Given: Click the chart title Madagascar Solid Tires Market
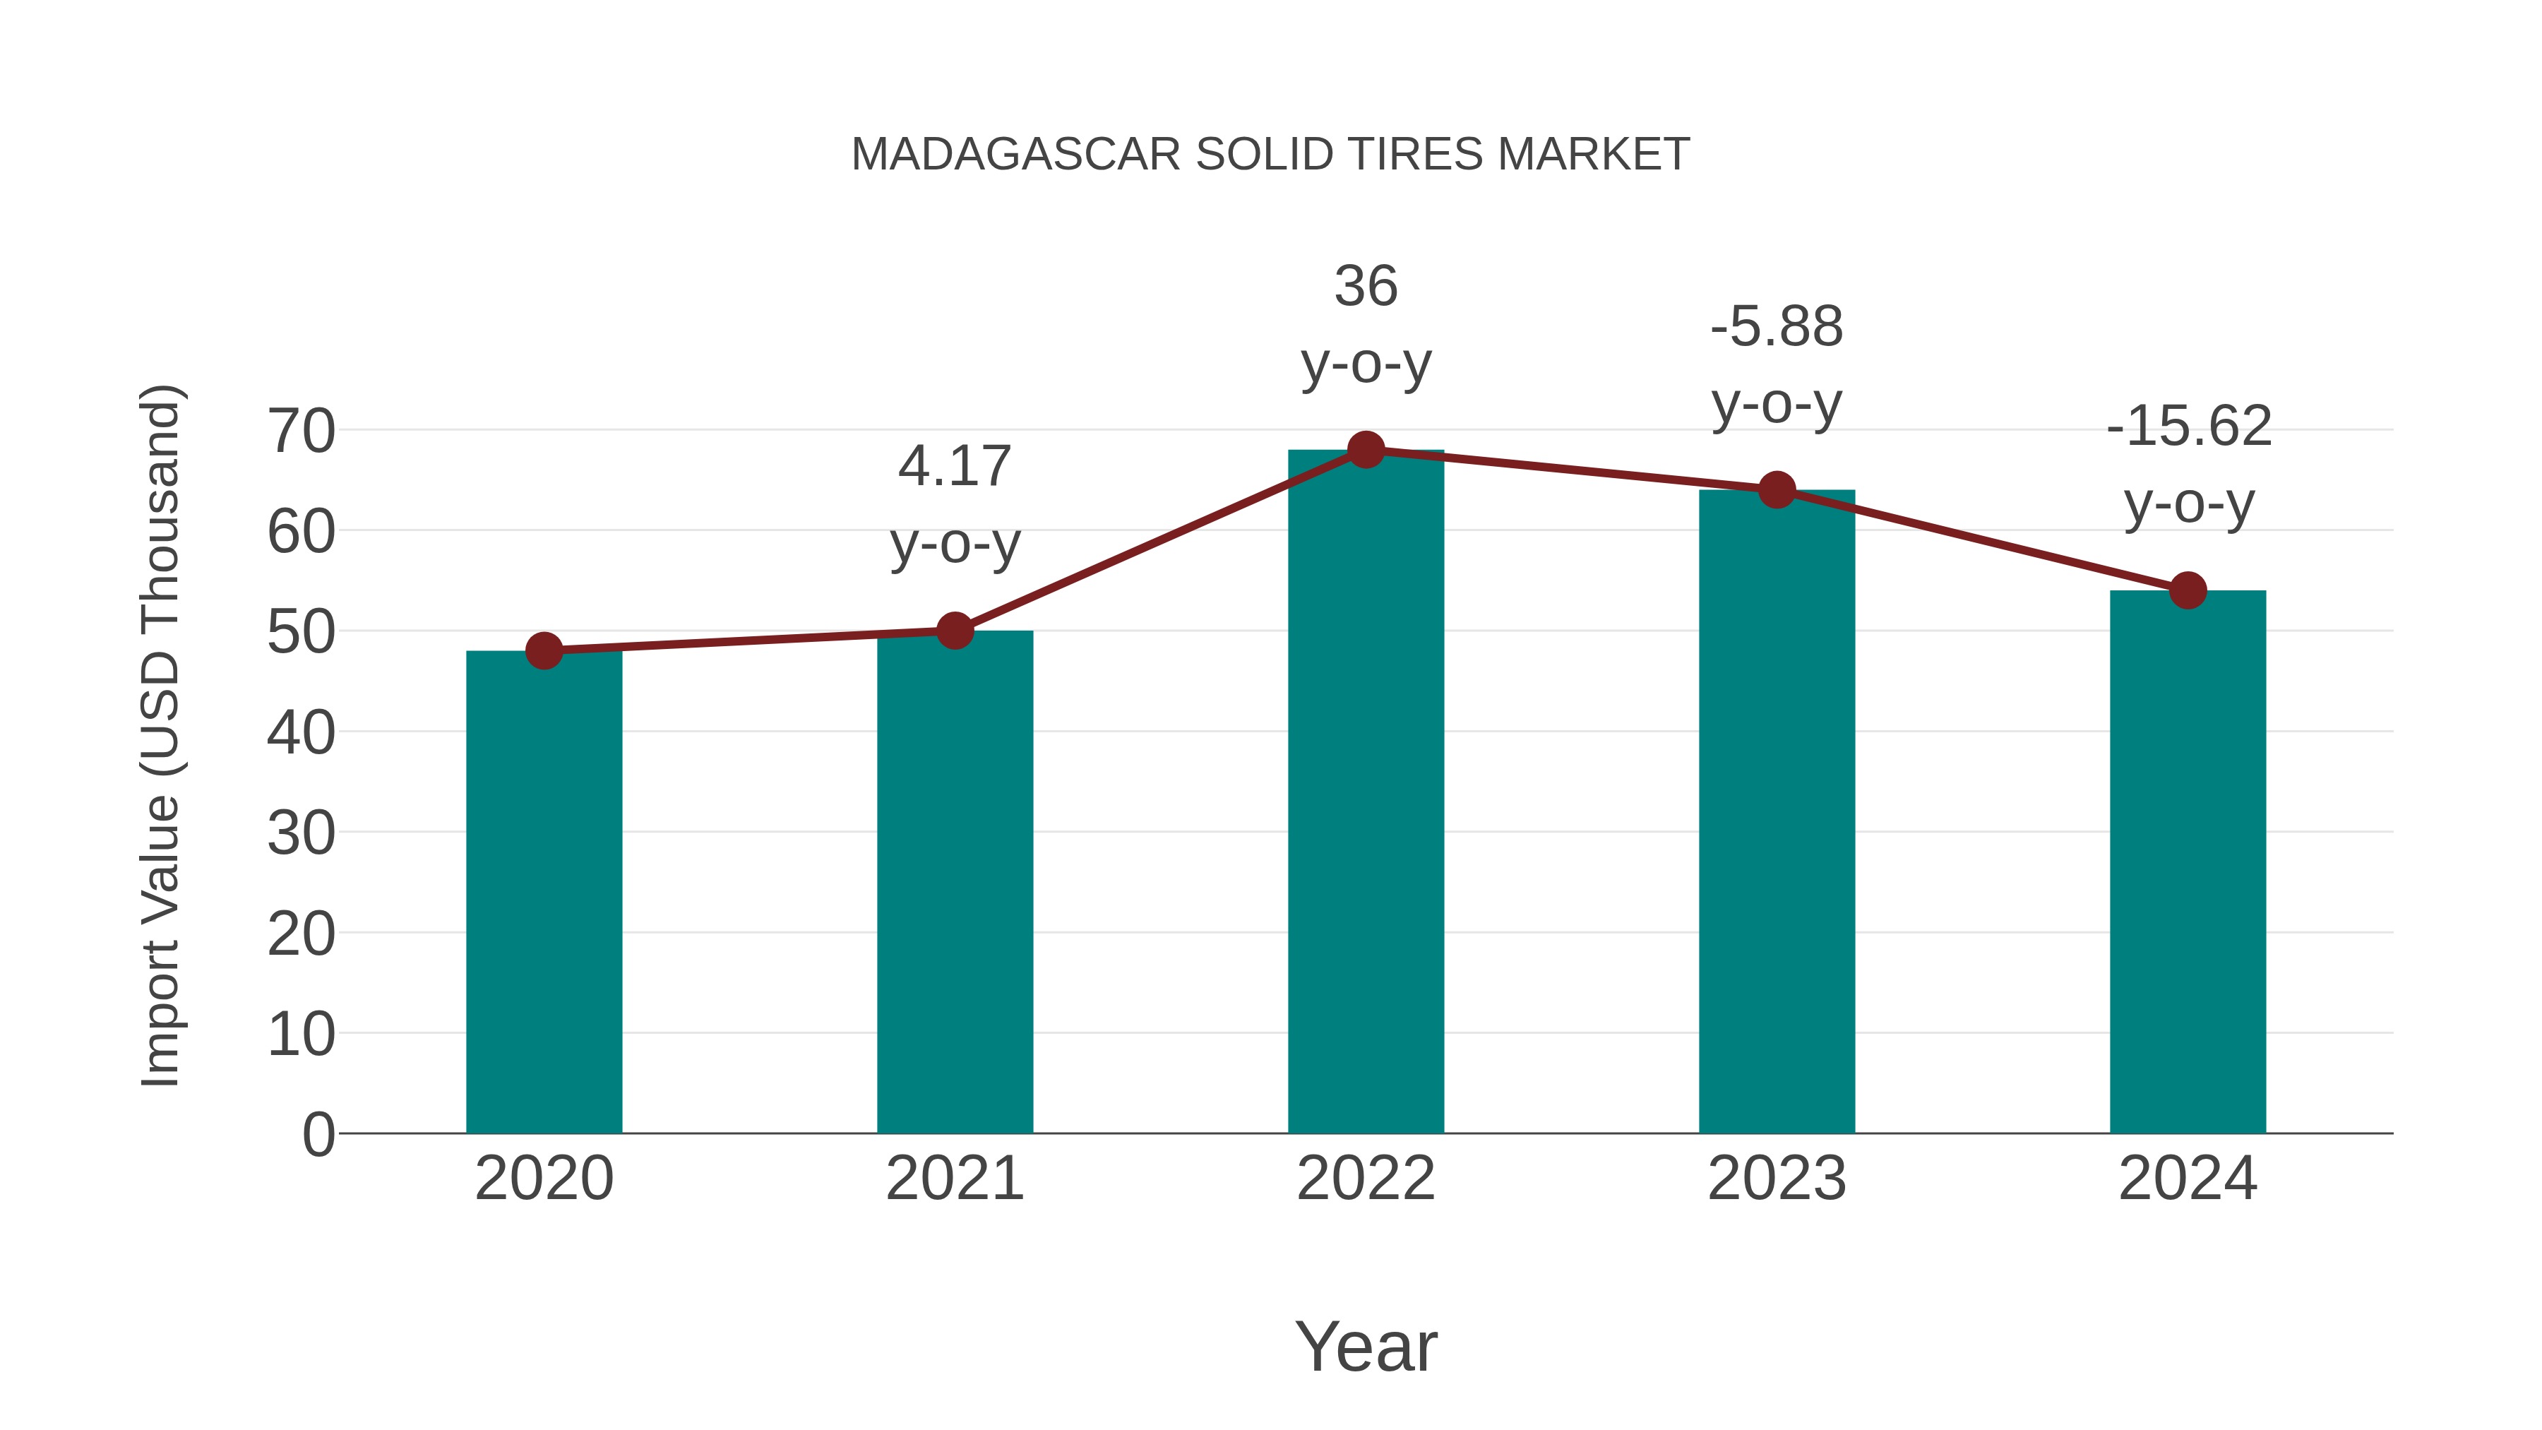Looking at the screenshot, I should (1270, 155).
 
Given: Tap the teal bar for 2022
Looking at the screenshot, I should (1366, 790).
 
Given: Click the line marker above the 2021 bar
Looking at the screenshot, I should (954, 630).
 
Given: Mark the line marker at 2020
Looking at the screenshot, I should (544, 650).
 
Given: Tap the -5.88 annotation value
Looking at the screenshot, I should (1777, 327).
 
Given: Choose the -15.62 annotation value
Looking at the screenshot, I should (2188, 427).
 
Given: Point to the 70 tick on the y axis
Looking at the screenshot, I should (301, 431).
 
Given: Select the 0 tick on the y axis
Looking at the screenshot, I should (318, 1134).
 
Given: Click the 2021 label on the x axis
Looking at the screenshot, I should (954, 1179).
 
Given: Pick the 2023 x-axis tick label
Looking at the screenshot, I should (1777, 1179).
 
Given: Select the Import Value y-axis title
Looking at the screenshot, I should (160, 735).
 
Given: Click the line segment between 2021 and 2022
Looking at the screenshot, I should (1160, 540).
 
